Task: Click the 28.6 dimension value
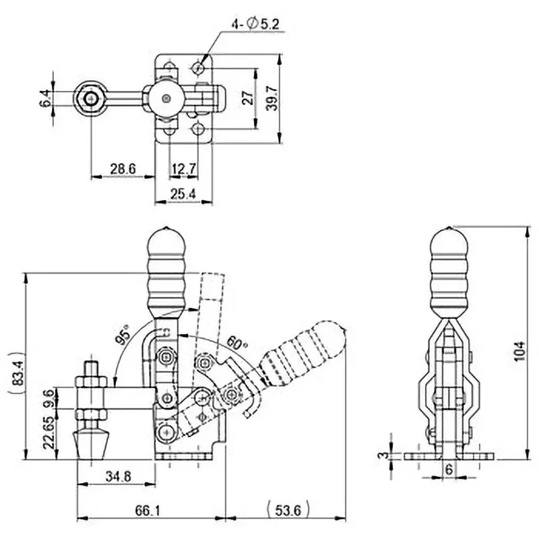click(123, 168)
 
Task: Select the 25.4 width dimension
click(184, 194)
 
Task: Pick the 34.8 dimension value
click(117, 476)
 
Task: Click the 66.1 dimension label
click(151, 511)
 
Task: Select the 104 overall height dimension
click(519, 350)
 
